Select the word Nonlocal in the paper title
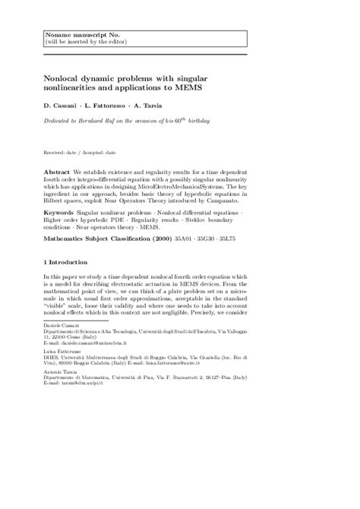[x=67, y=79]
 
